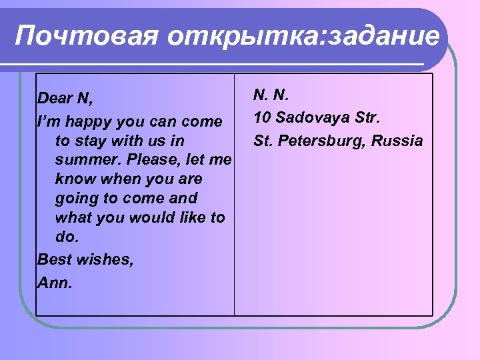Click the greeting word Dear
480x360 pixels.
click(x=55, y=99)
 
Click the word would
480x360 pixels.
click(x=146, y=217)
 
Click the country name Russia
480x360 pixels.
click(x=397, y=141)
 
